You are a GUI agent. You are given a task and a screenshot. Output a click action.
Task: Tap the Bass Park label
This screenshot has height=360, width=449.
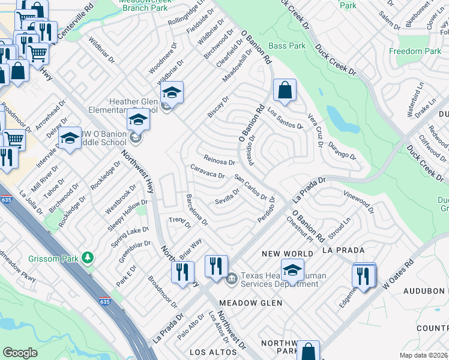tap(287, 46)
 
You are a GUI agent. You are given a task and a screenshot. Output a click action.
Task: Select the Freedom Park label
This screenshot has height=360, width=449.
tap(415, 52)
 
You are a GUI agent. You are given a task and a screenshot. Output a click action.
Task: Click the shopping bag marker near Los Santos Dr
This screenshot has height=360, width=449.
tap(285, 91)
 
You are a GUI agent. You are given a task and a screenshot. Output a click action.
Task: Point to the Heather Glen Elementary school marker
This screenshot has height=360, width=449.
tap(172, 94)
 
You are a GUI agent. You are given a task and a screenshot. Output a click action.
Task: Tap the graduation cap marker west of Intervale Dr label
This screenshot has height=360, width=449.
tap(70, 139)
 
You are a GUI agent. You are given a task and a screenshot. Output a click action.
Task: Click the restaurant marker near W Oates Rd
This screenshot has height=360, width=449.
tap(363, 275)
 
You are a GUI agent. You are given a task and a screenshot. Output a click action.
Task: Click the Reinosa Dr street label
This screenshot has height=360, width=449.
tap(219, 161)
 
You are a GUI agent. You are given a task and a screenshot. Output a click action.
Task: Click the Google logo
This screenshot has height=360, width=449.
tap(20, 353)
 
